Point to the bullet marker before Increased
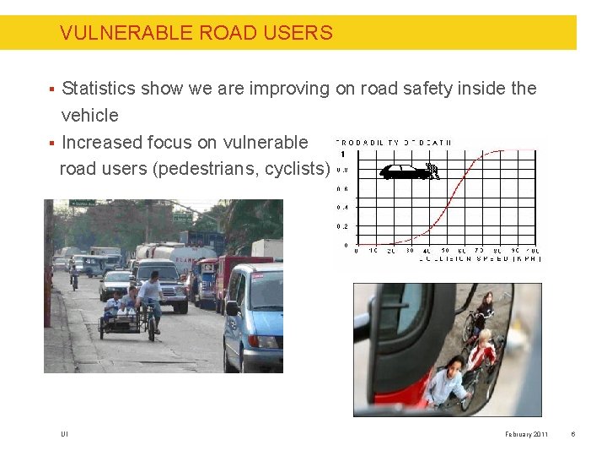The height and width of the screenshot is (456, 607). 51,143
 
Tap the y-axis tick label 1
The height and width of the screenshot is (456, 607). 342,154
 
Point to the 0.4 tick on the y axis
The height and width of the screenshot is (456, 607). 341,208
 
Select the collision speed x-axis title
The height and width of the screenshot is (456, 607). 480,259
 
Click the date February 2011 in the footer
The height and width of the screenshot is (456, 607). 527,435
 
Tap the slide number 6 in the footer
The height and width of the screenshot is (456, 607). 572,435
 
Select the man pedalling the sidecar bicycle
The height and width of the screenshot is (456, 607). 150,300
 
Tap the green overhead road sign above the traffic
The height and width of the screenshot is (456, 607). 82,204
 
